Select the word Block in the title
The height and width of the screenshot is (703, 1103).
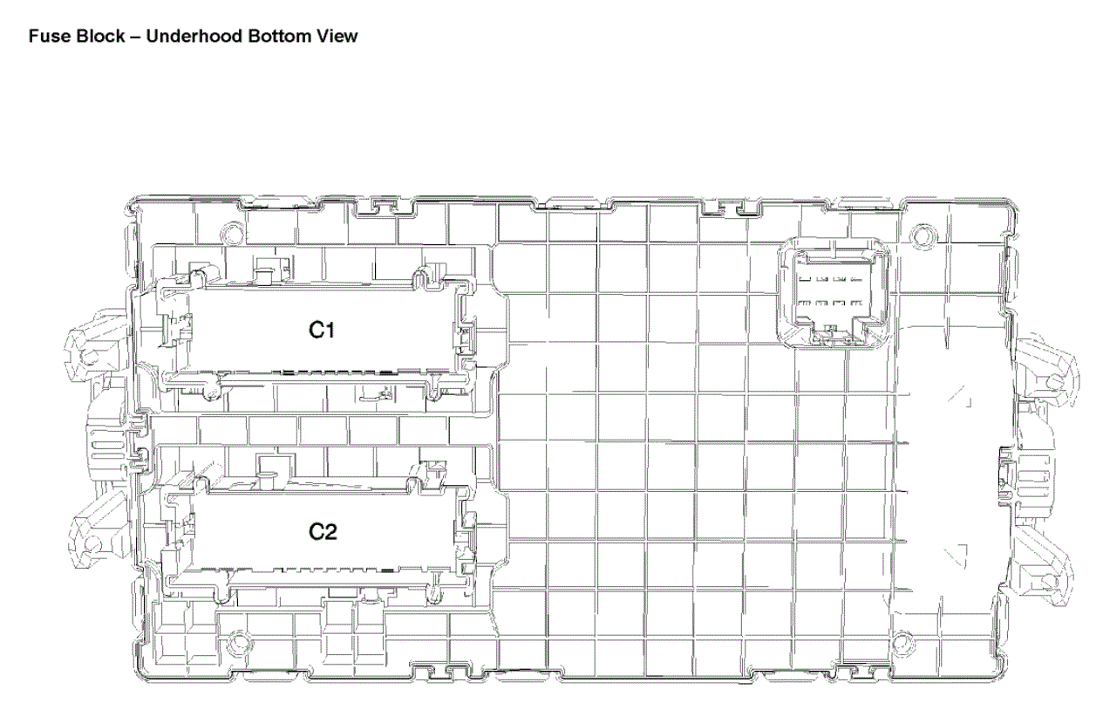103,36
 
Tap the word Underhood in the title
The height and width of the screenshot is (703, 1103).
194,36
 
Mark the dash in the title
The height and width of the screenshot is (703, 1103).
136,37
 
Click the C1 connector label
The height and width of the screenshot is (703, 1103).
322,330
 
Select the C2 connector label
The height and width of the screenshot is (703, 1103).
323,531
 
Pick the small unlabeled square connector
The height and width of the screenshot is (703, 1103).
834,293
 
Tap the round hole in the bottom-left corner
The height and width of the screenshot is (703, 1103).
239,641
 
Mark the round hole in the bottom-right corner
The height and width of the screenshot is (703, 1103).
902,642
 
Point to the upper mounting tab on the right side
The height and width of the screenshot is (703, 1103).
1044,370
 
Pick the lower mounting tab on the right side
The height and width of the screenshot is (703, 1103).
1043,567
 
